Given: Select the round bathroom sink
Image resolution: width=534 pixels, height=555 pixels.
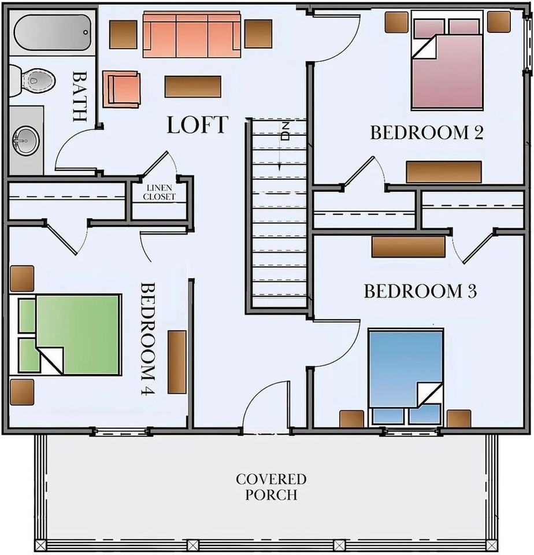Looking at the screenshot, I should click(25, 139).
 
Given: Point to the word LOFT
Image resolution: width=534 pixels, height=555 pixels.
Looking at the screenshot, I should click(198, 125).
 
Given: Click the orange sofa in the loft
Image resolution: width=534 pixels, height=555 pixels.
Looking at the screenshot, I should click(192, 35).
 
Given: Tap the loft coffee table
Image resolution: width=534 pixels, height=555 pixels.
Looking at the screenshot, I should click(192, 87).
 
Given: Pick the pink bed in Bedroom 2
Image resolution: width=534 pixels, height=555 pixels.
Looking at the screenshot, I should click(447, 64).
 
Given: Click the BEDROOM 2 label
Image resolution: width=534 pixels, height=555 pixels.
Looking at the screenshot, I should click(427, 133).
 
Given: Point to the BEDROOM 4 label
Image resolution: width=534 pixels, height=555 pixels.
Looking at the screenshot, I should click(149, 338).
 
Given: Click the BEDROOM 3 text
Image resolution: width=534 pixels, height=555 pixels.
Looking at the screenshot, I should click(420, 291).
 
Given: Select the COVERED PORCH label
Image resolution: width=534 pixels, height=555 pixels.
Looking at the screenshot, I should click(271, 487).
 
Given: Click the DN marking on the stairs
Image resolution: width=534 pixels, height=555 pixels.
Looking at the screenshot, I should click(285, 132).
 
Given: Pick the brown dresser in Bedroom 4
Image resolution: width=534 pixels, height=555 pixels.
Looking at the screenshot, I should click(177, 362).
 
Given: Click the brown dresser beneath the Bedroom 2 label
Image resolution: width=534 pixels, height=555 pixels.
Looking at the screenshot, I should click(444, 172).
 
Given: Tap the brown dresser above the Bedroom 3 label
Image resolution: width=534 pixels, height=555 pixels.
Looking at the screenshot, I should click(408, 247).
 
